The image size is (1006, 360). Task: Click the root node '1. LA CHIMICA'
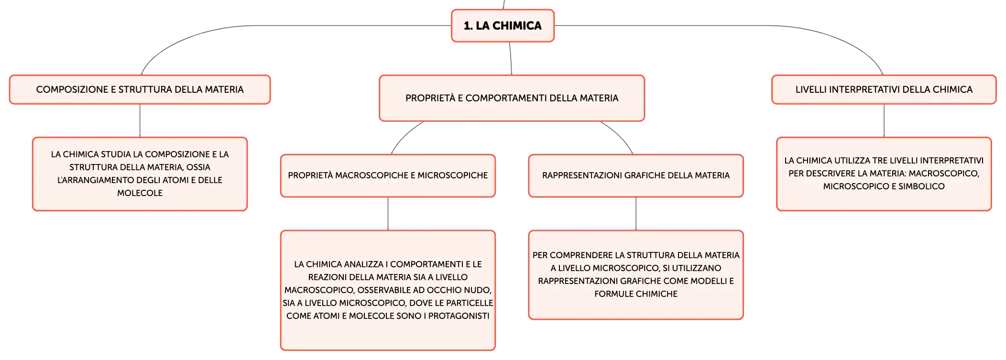pos(503,26)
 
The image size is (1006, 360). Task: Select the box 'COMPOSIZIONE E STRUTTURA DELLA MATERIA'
pos(140,89)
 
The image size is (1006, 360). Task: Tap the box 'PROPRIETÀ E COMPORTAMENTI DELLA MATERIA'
pos(512,98)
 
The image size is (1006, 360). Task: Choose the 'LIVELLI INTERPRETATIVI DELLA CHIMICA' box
pos(884,89)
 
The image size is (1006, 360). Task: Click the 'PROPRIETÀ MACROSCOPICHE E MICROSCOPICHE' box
pos(388,175)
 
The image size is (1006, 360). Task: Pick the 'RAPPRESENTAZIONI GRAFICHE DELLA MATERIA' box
pos(636,175)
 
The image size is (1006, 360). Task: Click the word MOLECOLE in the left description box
pos(140,193)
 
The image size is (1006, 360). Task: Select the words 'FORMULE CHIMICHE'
pos(636,294)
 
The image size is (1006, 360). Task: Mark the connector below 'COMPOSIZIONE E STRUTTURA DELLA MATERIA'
pos(140,120)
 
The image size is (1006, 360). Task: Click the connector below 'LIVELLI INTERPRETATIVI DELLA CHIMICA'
pos(884,120)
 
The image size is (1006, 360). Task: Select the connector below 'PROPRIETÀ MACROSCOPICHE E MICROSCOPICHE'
pos(388,214)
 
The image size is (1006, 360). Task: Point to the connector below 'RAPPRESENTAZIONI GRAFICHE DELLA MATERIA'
pos(636,214)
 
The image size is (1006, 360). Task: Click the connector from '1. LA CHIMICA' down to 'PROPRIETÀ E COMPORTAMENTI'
pos(511,58)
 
